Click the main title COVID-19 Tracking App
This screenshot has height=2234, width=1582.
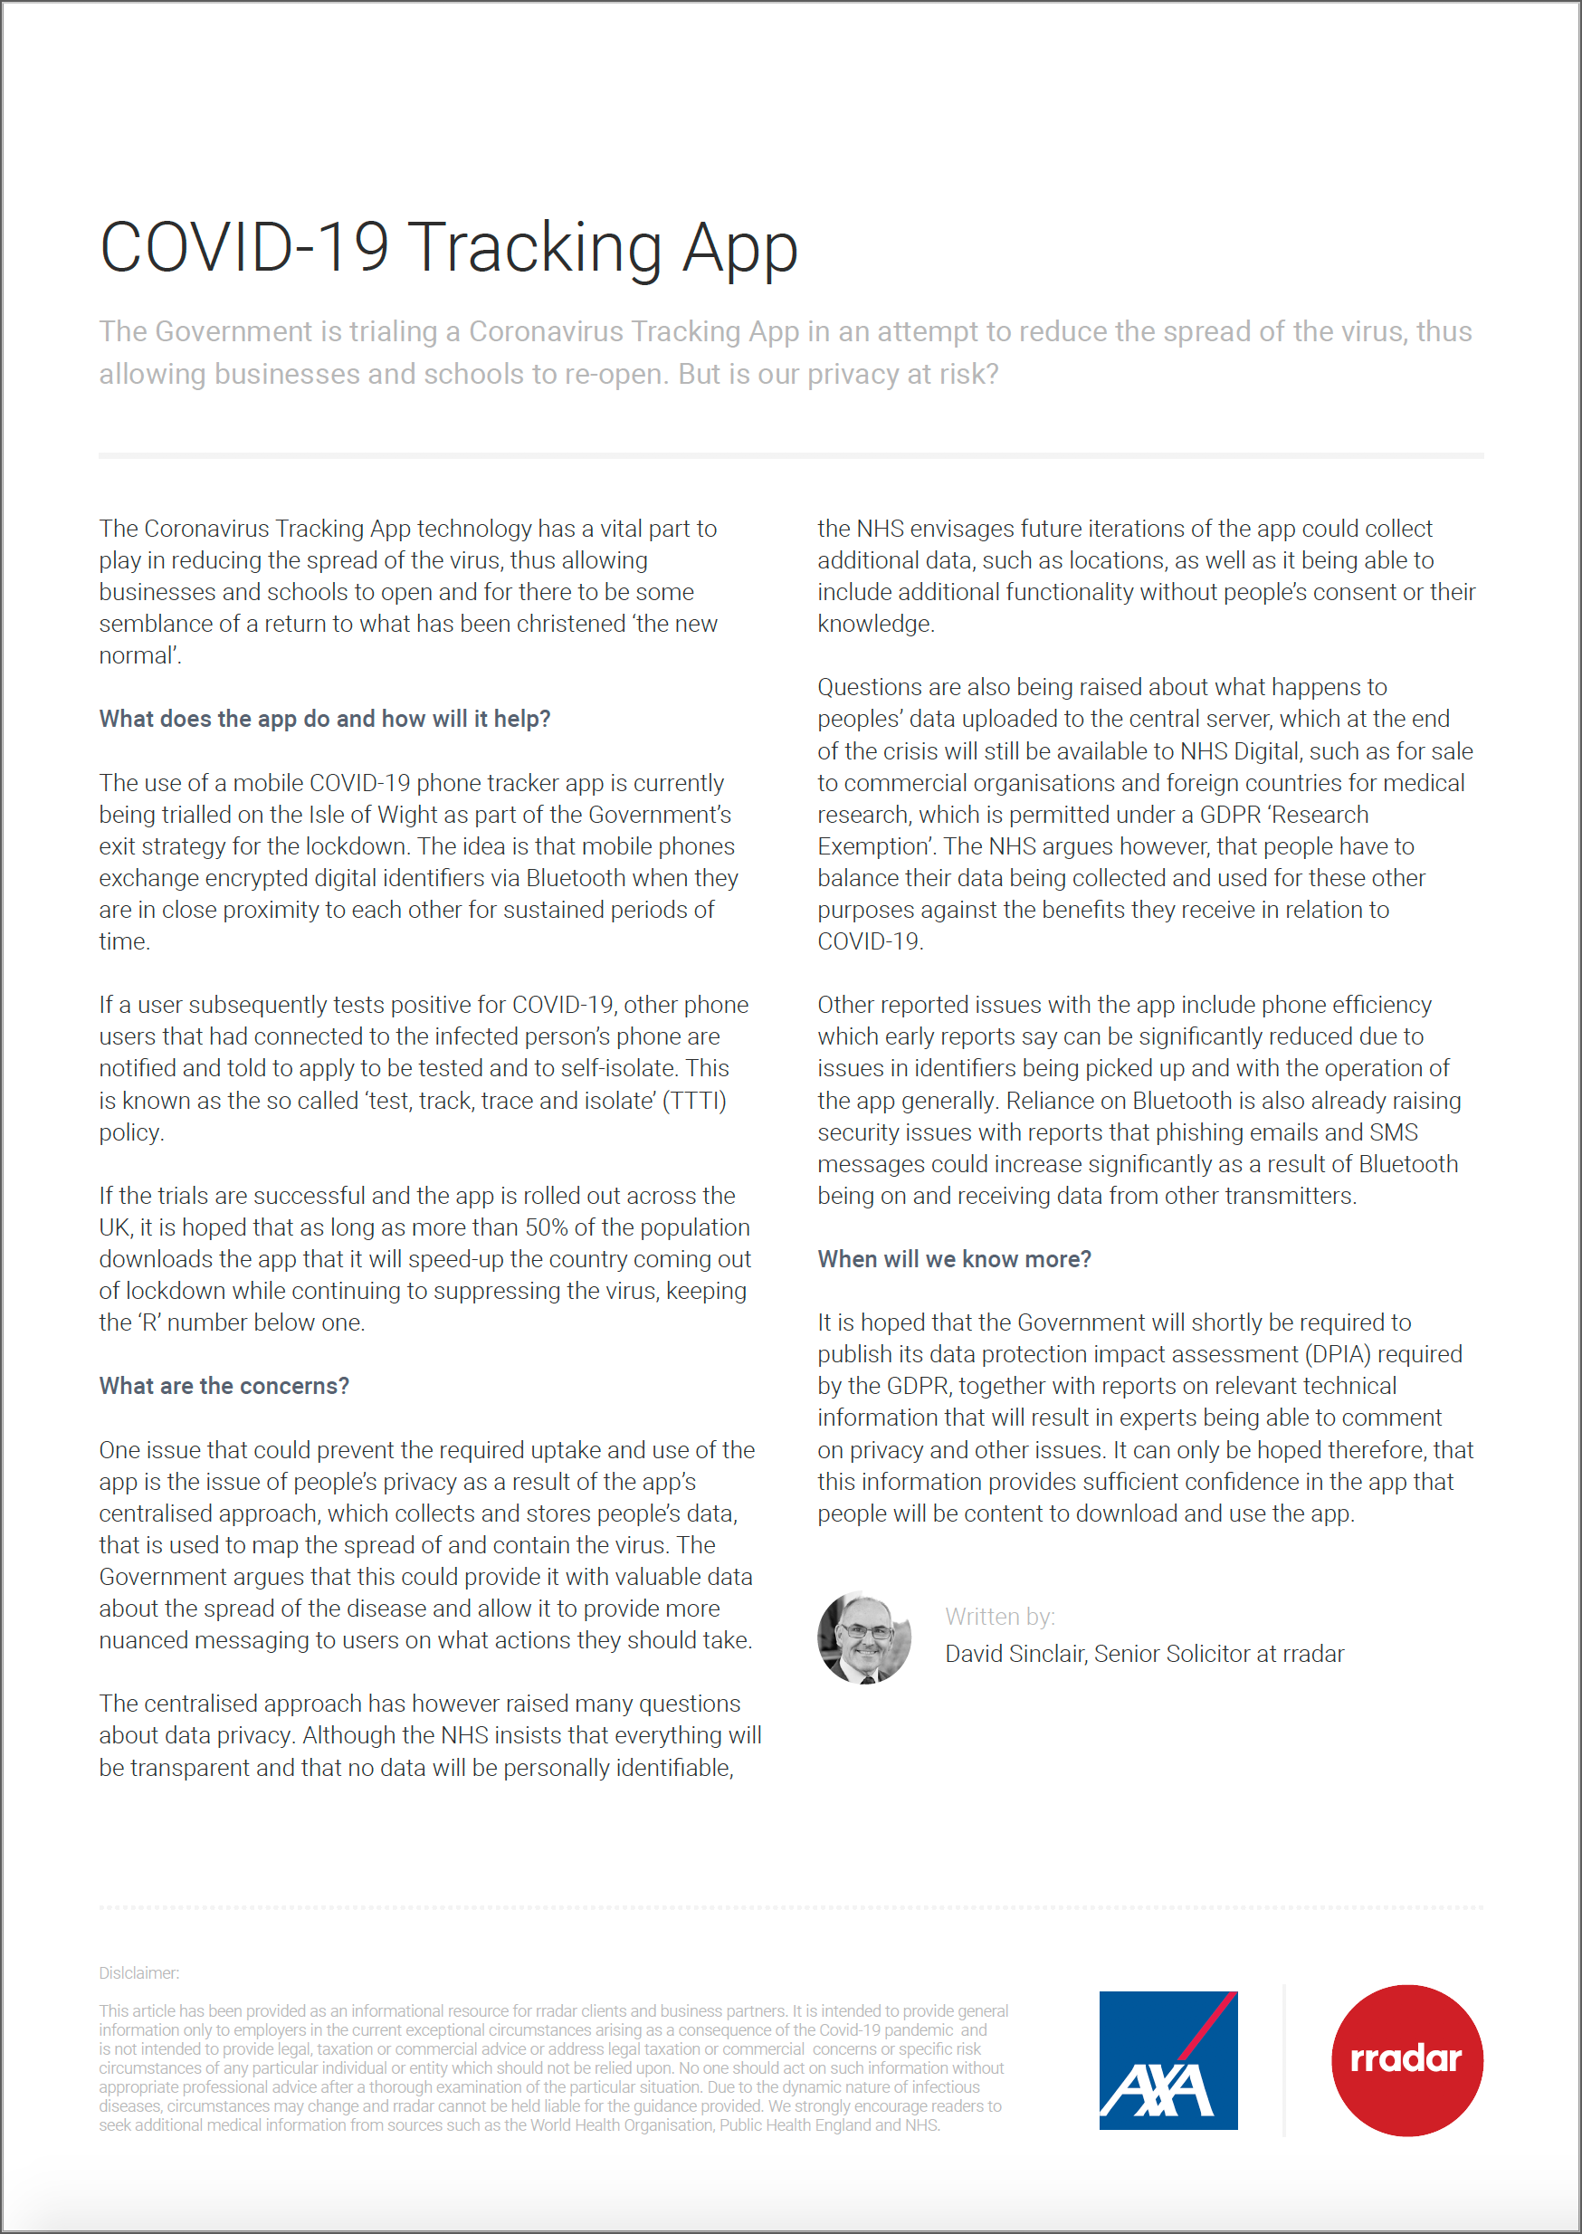click(x=448, y=248)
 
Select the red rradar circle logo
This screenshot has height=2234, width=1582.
click(x=1406, y=2059)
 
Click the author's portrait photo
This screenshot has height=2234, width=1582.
click(x=864, y=1637)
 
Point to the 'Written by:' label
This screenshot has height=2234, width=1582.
click(x=999, y=1617)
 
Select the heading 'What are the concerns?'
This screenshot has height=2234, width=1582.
click(x=224, y=1386)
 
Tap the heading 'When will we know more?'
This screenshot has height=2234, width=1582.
click(x=954, y=1259)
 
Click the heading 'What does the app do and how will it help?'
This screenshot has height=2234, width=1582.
click(x=324, y=719)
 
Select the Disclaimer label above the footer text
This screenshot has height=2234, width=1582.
click(x=138, y=1973)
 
